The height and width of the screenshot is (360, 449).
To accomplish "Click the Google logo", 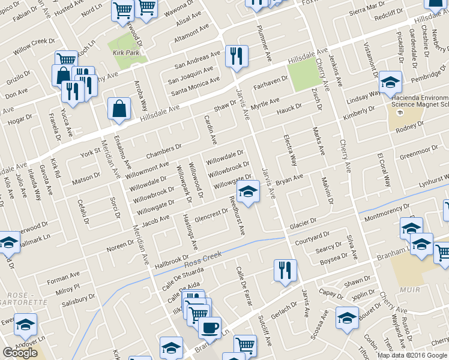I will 20,353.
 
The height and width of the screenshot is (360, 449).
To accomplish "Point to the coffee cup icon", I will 209,328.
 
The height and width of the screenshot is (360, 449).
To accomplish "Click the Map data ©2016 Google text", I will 412,355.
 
